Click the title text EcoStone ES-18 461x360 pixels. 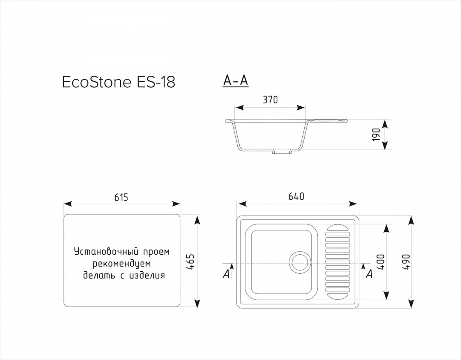[x=119, y=82]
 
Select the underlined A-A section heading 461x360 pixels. [x=235, y=81]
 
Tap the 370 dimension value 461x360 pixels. [x=270, y=100]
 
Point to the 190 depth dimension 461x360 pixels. [x=376, y=134]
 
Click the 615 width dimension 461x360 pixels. [x=121, y=197]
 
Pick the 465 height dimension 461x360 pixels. [x=190, y=262]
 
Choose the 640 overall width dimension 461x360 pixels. [x=296, y=197]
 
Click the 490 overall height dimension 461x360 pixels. [x=406, y=262]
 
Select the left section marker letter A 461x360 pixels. [x=226, y=274]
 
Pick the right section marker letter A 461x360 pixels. [x=369, y=274]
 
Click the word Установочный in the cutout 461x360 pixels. [x=107, y=252]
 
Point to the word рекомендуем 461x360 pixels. [x=122, y=264]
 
